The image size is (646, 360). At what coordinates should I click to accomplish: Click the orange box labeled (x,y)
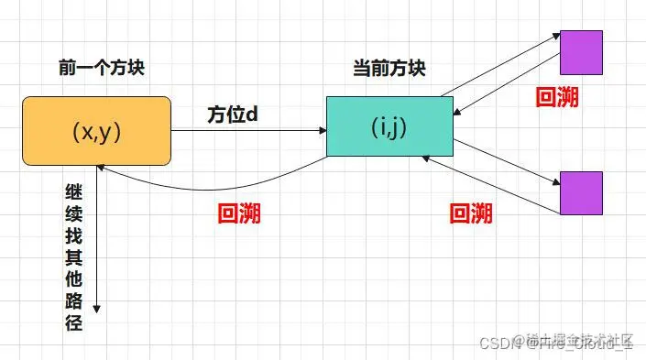(97, 130)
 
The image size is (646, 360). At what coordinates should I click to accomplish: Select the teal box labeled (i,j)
(390, 126)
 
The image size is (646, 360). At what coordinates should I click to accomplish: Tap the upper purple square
(581, 51)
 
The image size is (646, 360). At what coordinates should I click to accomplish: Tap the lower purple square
(581, 192)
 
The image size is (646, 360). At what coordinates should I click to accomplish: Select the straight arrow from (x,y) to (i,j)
(247, 130)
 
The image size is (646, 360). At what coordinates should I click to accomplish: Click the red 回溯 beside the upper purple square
(556, 98)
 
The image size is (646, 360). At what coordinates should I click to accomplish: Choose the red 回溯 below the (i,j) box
(471, 213)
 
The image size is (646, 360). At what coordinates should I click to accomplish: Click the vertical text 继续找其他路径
(74, 256)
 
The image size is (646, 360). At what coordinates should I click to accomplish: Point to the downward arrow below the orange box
(95, 247)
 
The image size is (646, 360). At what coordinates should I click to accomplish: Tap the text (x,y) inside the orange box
(97, 130)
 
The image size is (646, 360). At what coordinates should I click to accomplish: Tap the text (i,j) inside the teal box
(390, 126)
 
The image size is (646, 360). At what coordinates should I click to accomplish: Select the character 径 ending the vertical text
(74, 322)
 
